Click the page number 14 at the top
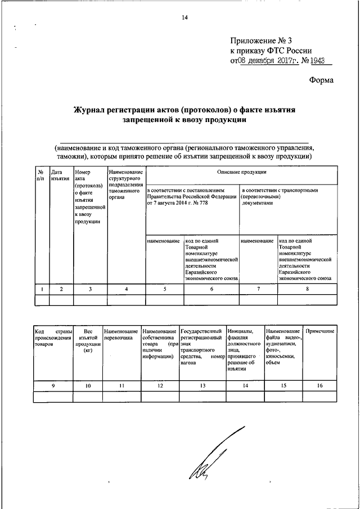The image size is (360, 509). (184, 17)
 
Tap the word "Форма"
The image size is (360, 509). (321, 80)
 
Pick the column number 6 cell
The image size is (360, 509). (211, 289)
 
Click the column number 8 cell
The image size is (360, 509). (307, 289)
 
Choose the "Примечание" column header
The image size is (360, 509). (320, 331)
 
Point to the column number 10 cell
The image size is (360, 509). (87, 385)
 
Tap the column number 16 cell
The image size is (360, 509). (320, 385)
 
